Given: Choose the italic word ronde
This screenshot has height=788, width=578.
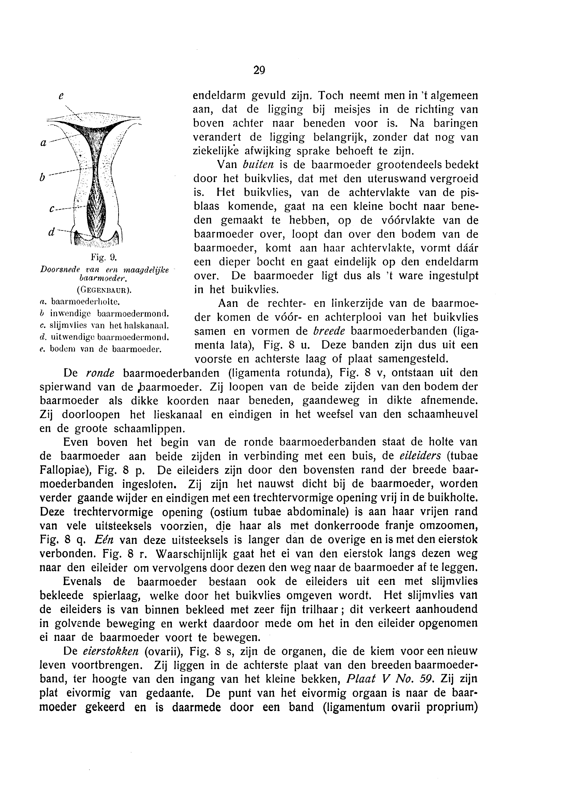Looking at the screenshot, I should pos(100,373).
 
